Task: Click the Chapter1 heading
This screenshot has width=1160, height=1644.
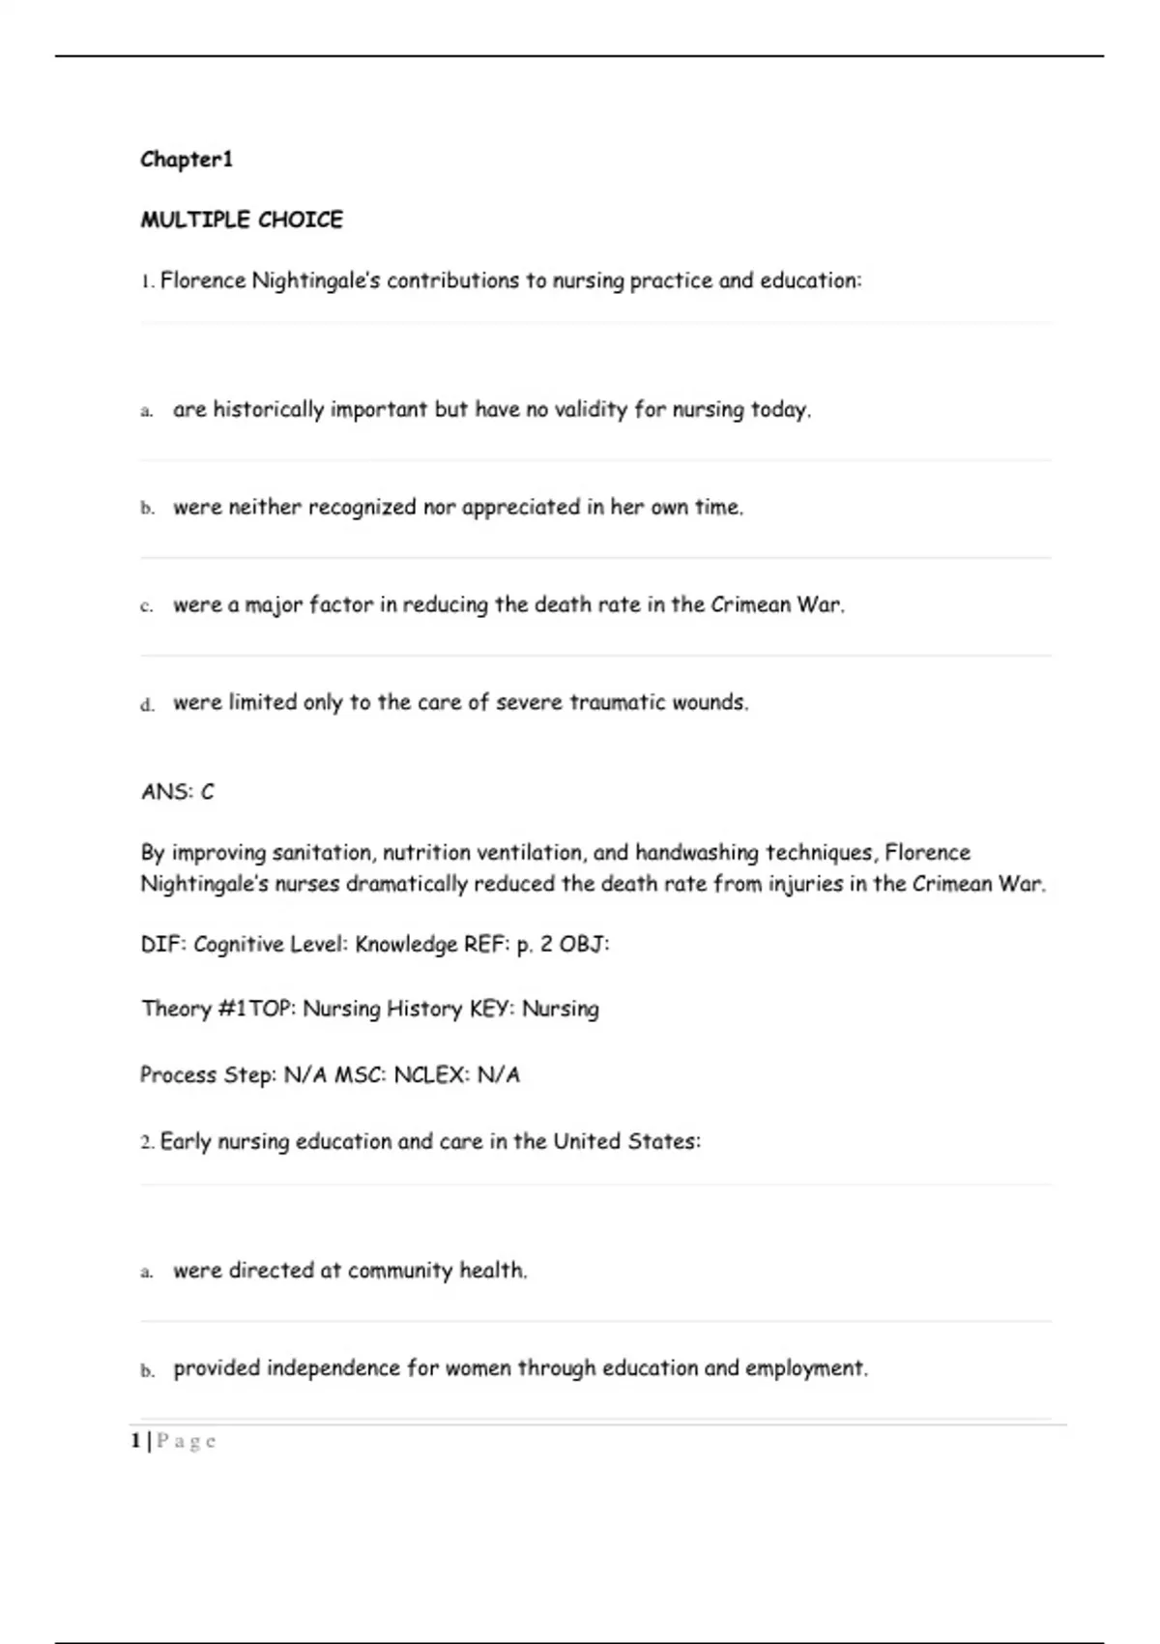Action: pyautogui.click(x=187, y=160)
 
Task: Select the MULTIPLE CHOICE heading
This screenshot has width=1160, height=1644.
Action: pyautogui.click(x=242, y=220)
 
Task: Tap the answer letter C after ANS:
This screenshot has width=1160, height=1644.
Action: pyautogui.click(x=207, y=793)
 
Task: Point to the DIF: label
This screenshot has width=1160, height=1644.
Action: pyautogui.click(x=163, y=945)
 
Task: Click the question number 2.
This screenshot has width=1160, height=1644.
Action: pyautogui.click(x=146, y=1143)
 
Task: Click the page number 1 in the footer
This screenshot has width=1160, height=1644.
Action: pyautogui.click(x=135, y=1442)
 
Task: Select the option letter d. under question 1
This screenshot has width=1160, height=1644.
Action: pyautogui.click(x=147, y=705)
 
